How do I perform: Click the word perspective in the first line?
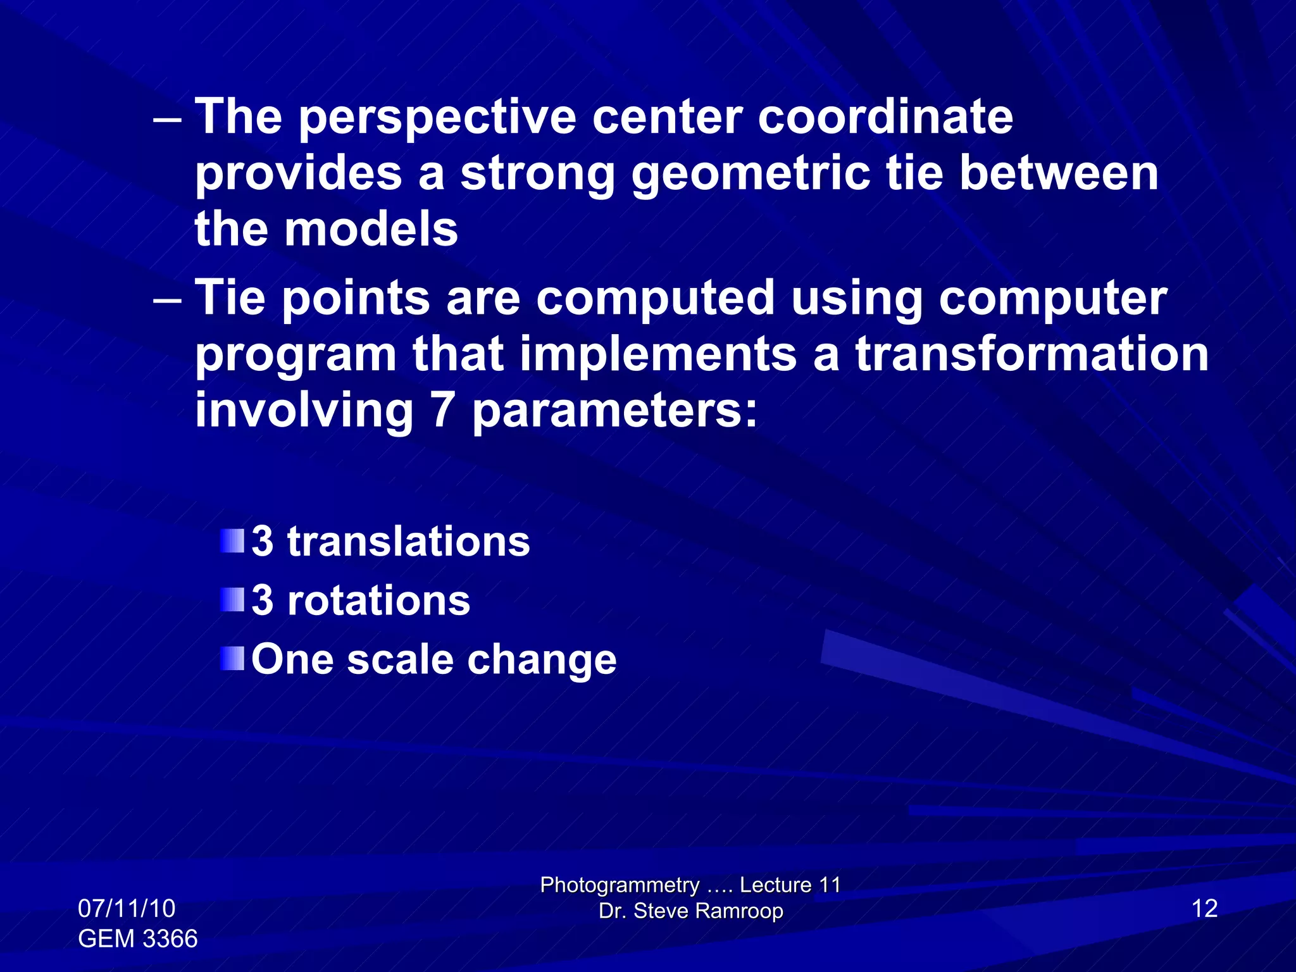[437, 119]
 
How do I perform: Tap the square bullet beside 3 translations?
[232, 542]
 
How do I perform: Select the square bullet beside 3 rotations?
[232, 600]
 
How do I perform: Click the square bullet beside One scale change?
[232, 659]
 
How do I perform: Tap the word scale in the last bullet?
[400, 659]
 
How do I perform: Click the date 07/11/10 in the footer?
[127, 909]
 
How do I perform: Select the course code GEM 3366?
[137, 938]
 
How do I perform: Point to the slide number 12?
[1204, 909]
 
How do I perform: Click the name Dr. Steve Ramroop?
[690, 911]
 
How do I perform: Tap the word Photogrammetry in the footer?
[620, 885]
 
